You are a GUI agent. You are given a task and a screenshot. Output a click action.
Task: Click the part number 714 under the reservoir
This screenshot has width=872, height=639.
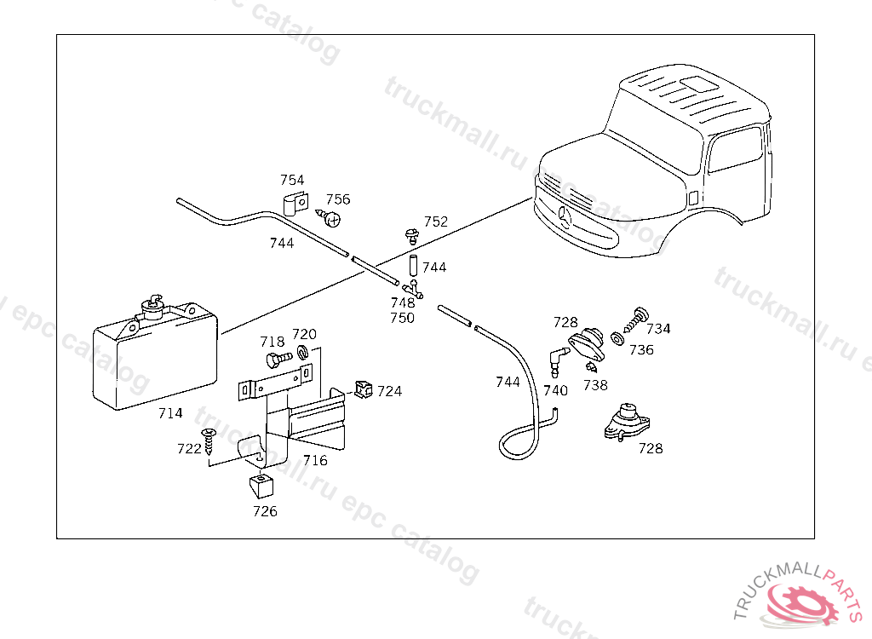[170, 413]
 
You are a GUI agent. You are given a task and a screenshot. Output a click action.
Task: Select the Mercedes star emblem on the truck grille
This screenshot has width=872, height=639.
[566, 217]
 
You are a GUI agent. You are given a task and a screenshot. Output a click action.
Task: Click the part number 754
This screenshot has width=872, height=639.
[292, 180]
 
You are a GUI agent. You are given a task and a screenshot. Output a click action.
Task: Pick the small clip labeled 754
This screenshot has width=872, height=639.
[293, 204]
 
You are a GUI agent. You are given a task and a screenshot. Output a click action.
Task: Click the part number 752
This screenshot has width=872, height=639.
[435, 222]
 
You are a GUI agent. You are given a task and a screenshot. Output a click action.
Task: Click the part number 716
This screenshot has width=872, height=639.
[314, 461]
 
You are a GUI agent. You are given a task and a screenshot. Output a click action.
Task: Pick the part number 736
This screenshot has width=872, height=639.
[641, 349]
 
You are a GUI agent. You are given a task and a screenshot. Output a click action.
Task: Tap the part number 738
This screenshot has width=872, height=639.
[595, 385]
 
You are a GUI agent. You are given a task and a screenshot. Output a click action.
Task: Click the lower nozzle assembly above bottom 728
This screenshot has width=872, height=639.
[626, 421]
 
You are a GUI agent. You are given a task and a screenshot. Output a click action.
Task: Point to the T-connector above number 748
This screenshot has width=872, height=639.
[415, 290]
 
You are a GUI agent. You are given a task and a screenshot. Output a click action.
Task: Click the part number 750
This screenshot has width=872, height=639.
[402, 318]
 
